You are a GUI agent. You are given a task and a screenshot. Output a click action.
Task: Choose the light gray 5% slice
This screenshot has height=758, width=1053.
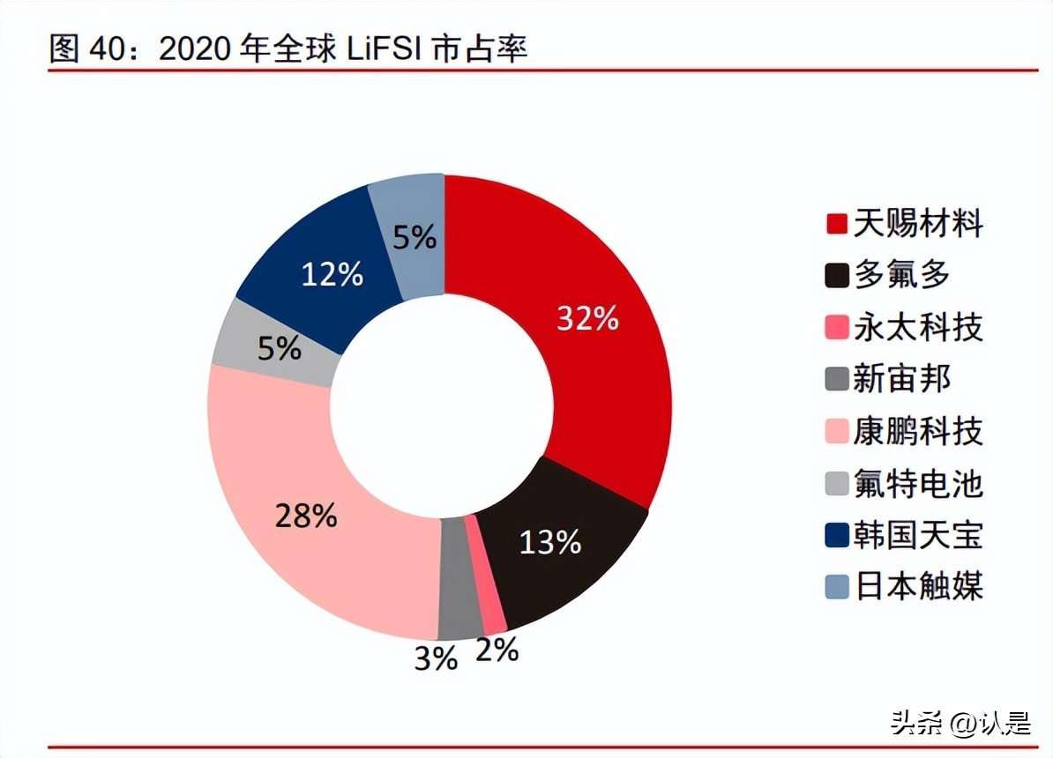[265, 348]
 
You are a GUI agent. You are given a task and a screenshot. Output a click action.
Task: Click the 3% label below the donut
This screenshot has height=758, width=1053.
[436, 658]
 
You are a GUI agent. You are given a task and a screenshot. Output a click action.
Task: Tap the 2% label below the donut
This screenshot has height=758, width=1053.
[497, 650]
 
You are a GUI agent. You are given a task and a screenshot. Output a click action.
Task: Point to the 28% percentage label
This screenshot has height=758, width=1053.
[306, 516]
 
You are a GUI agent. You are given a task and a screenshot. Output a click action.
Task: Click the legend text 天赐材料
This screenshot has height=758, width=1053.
[917, 224]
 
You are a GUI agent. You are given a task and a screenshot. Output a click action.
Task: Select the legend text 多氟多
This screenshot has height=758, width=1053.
[901, 276]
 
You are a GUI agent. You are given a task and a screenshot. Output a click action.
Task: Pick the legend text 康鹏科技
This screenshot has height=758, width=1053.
[917, 432]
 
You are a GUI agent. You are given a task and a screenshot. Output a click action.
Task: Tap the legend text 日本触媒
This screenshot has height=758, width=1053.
[917, 586]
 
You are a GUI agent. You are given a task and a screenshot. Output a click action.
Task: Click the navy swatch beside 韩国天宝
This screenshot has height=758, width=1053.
[837, 536]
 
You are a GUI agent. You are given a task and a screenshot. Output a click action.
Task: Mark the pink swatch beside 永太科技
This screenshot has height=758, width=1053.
[837, 329]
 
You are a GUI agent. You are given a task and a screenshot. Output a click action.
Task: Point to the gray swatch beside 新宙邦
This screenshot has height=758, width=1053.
[837, 381]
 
